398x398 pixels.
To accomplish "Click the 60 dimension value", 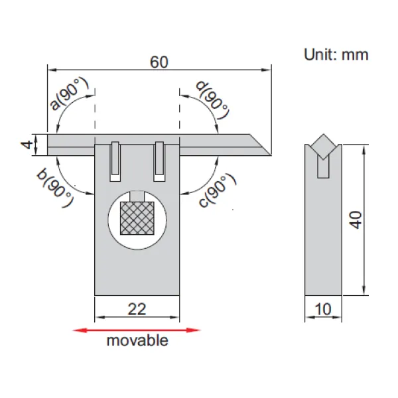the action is pyautogui.click(x=159, y=62).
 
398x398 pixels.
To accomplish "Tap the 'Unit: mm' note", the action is pyautogui.click(x=336, y=54).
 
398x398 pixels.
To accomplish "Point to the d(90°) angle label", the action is pyautogui.click(x=213, y=99).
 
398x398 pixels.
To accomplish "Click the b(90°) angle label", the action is pyautogui.click(x=55, y=188).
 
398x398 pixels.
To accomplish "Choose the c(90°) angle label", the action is pyautogui.click(x=218, y=190).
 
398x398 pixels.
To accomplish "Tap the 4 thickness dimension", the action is pyautogui.click(x=27, y=145).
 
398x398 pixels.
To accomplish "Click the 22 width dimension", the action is pyautogui.click(x=137, y=309).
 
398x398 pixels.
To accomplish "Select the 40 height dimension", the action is pyautogui.click(x=356, y=220).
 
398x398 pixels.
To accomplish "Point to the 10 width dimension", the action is pyautogui.click(x=323, y=309).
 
